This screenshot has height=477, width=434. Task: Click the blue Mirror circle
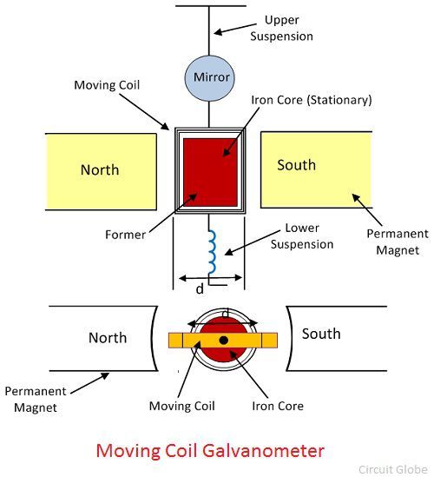tap(209, 78)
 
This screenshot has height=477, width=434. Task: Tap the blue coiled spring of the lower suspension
tap(212, 252)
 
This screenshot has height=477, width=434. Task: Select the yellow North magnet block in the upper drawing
tap(101, 171)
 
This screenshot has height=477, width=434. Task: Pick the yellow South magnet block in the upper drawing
tap(316, 169)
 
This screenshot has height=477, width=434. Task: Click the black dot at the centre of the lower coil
tap(224, 340)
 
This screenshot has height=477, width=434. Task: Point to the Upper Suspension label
tap(281, 29)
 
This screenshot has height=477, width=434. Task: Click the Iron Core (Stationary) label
tap(312, 100)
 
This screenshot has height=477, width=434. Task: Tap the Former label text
tap(125, 235)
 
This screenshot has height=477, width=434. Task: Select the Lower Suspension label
tap(302, 236)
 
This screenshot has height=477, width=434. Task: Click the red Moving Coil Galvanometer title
tap(210, 451)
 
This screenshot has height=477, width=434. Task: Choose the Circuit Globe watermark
tap(393, 469)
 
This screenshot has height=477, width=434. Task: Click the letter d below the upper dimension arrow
tap(200, 288)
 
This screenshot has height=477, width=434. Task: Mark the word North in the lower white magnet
tap(108, 338)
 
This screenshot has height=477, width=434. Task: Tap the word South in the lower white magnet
tap(321, 334)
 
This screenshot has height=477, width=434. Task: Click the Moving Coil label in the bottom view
tap(181, 406)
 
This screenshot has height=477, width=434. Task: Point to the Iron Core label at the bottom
tap(278, 406)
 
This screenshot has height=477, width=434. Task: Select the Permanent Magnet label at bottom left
tap(36, 399)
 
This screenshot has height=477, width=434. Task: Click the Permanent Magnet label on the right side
tap(398, 242)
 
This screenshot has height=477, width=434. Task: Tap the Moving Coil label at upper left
tap(107, 85)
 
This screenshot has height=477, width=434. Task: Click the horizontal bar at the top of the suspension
tap(211, 6)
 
